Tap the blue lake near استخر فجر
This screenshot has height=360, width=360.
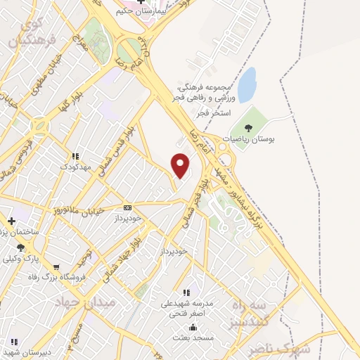246,86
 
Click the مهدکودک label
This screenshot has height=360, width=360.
77,166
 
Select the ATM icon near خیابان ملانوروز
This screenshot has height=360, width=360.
127,207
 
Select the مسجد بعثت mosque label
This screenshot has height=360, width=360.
193,338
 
